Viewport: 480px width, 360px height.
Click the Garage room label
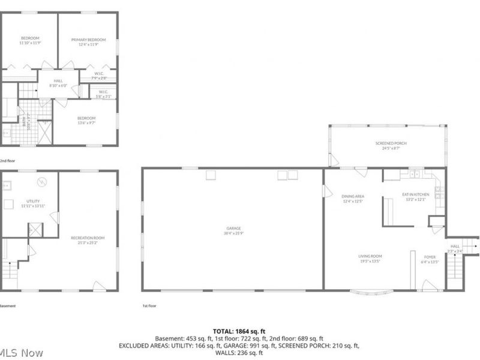click(x=233, y=228)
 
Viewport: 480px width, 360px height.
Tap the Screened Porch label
click(x=388, y=143)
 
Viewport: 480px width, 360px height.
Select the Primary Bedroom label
click(x=88, y=40)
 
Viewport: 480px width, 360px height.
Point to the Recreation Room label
click(x=88, y=238)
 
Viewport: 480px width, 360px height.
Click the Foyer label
click(x=430, y=256)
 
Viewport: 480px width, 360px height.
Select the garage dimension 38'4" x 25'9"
click(x=233, y=233)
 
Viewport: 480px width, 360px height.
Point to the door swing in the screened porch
click(x=334, y=160)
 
